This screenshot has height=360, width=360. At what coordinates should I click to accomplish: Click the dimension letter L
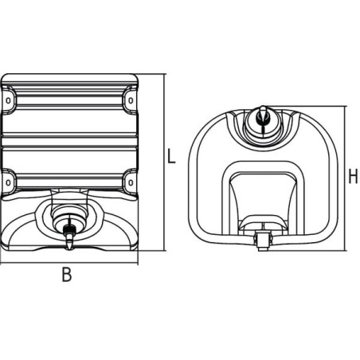pyautogui.click(x=171, y=156)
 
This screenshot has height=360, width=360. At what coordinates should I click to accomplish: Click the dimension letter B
pyautogui.click(x=67, y=274)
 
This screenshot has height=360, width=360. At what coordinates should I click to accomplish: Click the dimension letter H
pyautogui.click(x=353, y=176)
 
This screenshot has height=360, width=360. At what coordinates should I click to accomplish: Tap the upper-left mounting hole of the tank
pyautogui.click(x=8, y=100)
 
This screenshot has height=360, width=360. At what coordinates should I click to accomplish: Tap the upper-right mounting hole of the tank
pyautogui.click(x=131, y=100)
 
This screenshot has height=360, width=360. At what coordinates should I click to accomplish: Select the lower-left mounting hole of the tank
pyautogui.click(x=8, y=182)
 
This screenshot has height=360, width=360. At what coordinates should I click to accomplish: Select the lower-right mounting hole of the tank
pyautogui.click(x=131, y=182)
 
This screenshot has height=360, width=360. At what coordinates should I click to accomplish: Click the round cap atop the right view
pyautogui.click(x=263, y=124)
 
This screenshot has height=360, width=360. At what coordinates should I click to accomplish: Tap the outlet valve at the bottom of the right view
pyautogui.click(x=263, y=240)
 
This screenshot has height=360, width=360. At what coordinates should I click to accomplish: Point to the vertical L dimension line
pyautogui.click(x=165, y=162)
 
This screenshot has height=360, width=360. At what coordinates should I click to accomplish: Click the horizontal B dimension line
pyautogui.click(x=69, y=264)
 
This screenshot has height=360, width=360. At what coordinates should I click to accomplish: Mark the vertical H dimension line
pyautogui.click(x=345, y=178)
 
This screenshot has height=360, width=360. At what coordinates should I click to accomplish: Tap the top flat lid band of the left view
pyautogui.click(x=69, y=78)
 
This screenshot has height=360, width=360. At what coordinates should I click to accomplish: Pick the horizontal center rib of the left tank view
pyautogui.click(x=69, y=136)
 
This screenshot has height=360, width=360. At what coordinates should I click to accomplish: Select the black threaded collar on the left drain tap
pyautogui.click(x=69, y=229)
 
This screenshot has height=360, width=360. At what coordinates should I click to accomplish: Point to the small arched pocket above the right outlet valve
pyautogui.click(x=263, y=223)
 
